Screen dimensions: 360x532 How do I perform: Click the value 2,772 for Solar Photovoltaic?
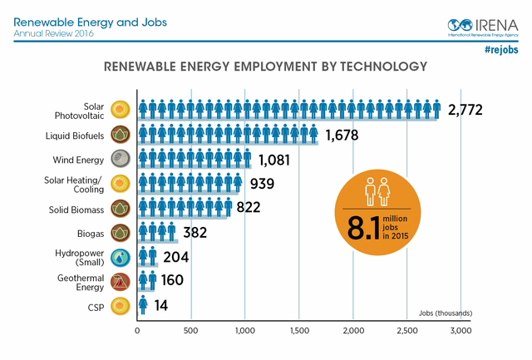(x=465, y=110)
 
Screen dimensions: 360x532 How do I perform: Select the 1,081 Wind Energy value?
(x=280, y=160)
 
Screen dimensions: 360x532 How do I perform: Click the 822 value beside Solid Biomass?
(x=248, y=208)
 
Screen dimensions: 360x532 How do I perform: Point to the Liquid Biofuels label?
(x=75, y=135)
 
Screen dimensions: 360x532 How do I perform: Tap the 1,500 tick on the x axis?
(x=298, y=330)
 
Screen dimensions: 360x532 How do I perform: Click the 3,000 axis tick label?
(x=461, y=330)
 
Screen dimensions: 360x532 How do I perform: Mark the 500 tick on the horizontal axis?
(x=191, y=330)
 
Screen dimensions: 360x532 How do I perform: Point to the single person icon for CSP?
(x=143, y=305)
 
